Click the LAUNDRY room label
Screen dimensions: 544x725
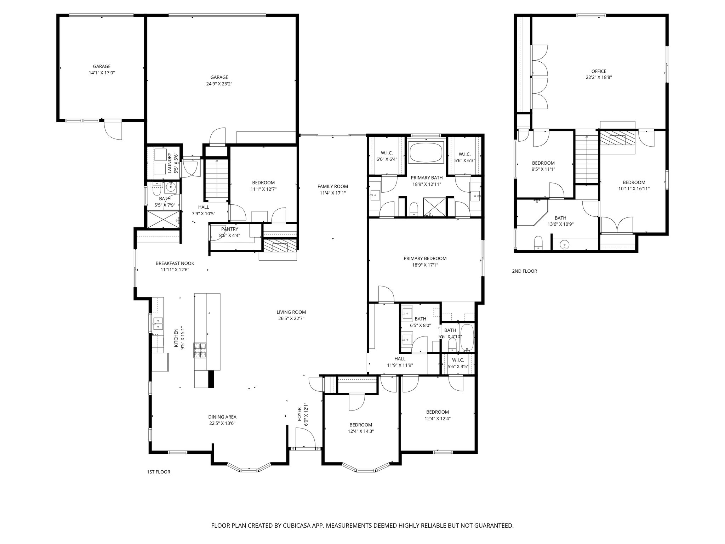point(169,163)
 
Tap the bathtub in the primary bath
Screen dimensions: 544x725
point(426,152)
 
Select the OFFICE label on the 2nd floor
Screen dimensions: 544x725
point(599,71)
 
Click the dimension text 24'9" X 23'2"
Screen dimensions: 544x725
point(219,84)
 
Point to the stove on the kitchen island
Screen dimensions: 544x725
point(200,351)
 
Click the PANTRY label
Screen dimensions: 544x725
point(229,229)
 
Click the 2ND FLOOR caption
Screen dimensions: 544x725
point(524,271)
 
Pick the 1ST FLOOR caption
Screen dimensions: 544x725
point(158,472)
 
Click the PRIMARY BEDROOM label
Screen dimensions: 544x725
point(425,259)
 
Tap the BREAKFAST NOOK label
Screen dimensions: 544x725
point(175,263)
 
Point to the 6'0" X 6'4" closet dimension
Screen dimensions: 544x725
point(387,159)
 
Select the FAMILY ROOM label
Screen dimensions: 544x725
point(332,187)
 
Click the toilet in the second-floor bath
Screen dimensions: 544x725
point(538,243)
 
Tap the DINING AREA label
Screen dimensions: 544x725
point(222,417)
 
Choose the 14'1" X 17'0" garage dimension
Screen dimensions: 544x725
point(102,73)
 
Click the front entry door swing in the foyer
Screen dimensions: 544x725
point(304,438)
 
